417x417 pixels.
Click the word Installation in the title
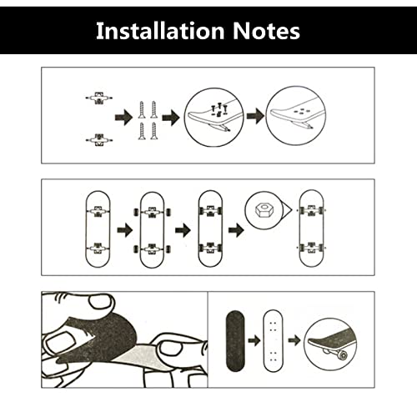coord(160,31)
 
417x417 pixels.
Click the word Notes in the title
coord(266,31)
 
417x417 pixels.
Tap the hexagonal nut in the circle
coord(261,210)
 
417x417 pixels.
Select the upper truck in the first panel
coord(98,98)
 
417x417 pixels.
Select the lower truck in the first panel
coord(99,140)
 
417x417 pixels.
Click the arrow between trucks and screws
coord(123,118)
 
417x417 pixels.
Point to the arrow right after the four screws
coord(171,118)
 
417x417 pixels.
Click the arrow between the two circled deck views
coord(255,116)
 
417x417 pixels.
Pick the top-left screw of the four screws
coord(142,110)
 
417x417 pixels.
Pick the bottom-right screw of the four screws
coord(153,131)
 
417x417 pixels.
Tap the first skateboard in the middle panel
coord(98,229)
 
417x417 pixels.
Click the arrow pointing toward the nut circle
coord(236,230)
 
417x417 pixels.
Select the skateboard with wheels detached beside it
coord(152,229)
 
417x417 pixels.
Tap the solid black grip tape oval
coord(235,341)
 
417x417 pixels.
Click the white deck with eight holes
coord(273,341)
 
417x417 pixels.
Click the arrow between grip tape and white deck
coord(254,340)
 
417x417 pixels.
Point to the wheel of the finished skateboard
coord(342,355)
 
